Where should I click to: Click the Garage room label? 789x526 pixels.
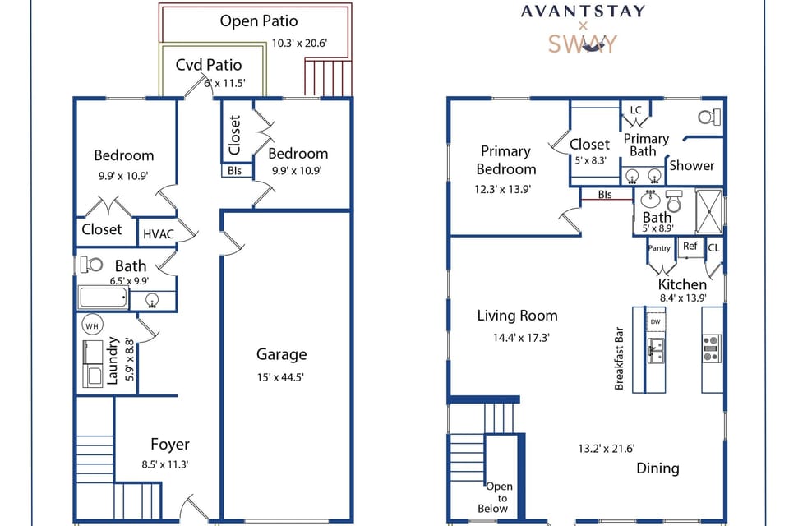click(281, 354)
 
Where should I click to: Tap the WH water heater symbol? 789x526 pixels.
click(91, 325)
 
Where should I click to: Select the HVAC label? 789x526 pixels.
click(159, 234)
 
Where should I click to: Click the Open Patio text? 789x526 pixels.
click(259, 21)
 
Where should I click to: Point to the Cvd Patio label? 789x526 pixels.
click(209, 65)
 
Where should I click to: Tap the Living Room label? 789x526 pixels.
click(517, 316)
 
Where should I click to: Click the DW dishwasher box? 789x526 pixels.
click(655, 321)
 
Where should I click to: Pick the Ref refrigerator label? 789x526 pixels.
click(690, 247)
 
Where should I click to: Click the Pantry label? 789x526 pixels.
click(659, 247)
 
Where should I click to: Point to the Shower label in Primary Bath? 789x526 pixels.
click(691, 165)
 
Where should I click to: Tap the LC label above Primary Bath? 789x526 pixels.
click(635, 110)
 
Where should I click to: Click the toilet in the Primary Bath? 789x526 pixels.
click(710, 117)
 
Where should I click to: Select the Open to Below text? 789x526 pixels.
click(499, 497)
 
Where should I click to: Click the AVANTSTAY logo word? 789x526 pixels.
click(583, 12)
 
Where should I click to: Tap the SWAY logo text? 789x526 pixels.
click(582, 44)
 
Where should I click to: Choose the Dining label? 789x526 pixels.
click(657, 468)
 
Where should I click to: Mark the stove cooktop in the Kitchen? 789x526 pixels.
click(712, 348)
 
